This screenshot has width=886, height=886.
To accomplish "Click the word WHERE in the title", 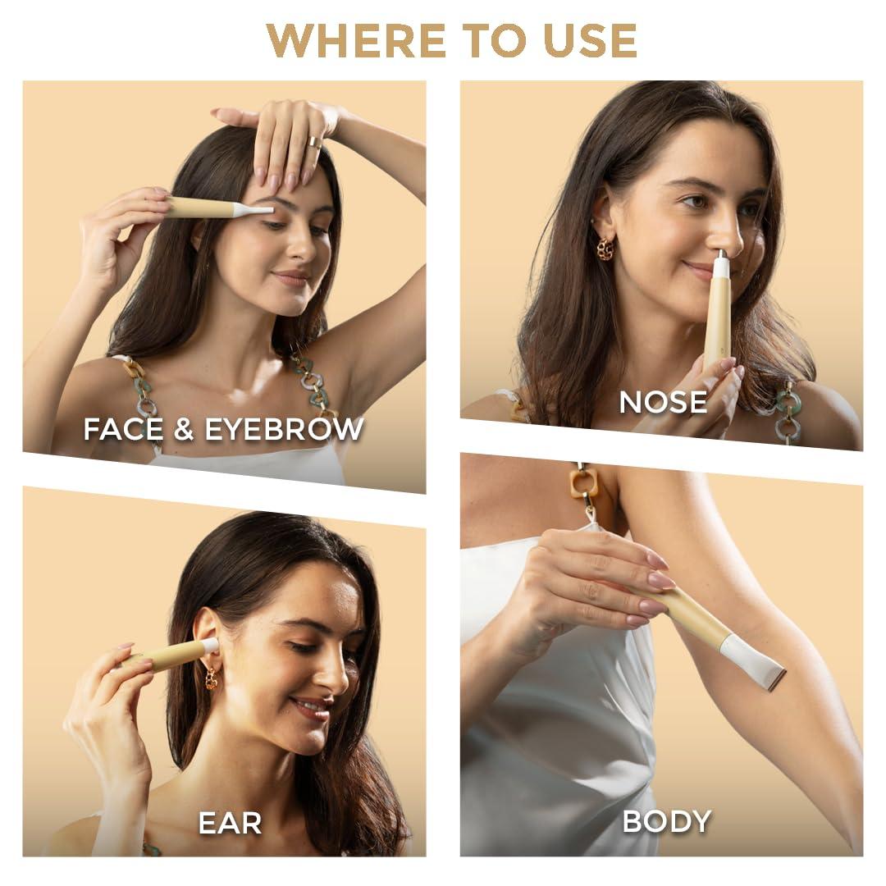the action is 356,41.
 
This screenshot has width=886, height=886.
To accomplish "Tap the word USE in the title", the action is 591,41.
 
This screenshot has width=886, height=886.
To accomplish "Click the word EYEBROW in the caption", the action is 284,429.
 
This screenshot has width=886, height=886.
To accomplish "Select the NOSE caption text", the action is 663,402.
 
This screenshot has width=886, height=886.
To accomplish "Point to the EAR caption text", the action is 230,823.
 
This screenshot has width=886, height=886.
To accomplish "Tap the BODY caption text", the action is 666,821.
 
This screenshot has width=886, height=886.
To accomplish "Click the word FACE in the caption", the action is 124,429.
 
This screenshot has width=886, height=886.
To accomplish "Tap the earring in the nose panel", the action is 605,248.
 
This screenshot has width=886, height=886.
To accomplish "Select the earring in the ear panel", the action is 212,678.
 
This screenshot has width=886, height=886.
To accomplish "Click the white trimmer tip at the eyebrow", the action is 254,210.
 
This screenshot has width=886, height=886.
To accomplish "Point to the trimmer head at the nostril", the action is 720,266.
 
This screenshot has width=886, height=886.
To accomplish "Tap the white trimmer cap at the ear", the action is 210,646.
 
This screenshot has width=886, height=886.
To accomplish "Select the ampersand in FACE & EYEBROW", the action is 184,429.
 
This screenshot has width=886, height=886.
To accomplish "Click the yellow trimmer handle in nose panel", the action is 716,322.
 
